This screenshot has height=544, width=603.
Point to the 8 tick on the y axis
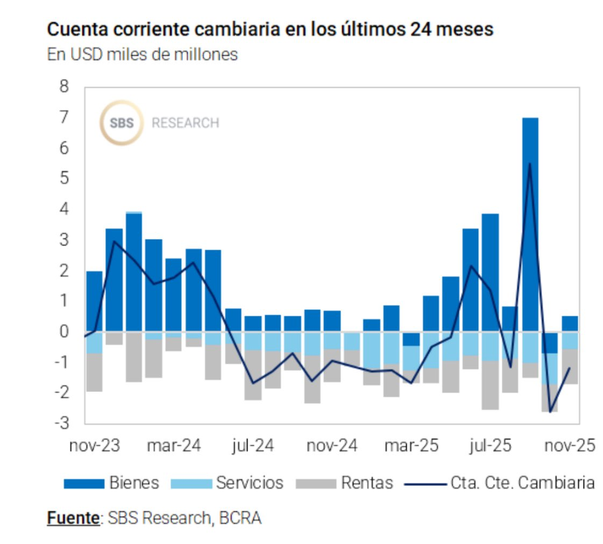pyautogui.click(x=64, y=86)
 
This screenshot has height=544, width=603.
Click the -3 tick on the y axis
pyautogui.click(x=62, y=423)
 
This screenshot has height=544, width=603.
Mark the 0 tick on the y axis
pyautogui.click(x=64, y=331)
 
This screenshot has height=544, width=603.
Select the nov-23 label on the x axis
pyautogui.click(x=94, y=446)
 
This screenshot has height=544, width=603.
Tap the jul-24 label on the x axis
pyautogui.click(x=253, y=446)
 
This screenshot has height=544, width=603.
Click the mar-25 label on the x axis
pyautogui.click(x=412, y=446)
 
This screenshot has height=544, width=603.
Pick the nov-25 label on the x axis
pyautogui.click(x=569, y=446)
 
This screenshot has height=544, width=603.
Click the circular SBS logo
pyautogui.click(x=121, y=123)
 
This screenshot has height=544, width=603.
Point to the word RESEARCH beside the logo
pyautogui.click(x=185, y=123)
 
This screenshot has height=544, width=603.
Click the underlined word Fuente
pyautogui.click(x=73, y=517)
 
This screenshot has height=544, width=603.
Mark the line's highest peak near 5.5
pyautogui.click(x=530, y=164)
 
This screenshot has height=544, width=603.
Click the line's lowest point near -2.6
pyautogui.click(x=550, y=412)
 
